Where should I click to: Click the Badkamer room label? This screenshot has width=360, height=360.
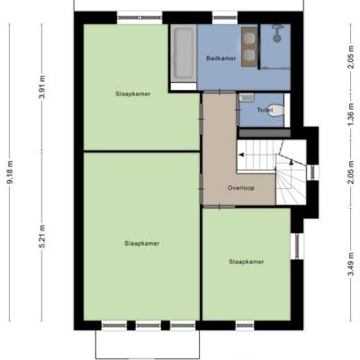click(221, 58)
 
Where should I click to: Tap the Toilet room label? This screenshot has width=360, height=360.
click(265, 111)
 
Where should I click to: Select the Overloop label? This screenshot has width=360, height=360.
click(241, 188)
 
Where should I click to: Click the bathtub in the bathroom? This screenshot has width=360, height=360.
click(184, 53)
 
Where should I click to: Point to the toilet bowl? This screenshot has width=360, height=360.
click(275, 110)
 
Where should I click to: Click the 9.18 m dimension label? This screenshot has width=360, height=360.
click(10, 172)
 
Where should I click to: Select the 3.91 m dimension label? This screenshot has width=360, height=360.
click(42, 87)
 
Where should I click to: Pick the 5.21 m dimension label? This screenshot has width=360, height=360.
click(42, 236)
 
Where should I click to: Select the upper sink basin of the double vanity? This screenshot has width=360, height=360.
click(249, 38)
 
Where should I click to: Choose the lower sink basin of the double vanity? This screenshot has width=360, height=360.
click(249, 55)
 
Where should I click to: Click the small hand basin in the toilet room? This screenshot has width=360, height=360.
click(247, 97)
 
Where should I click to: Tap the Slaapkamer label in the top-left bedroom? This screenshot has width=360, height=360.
click(133, 94)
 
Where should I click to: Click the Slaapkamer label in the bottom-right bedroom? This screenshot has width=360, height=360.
click(247, 262)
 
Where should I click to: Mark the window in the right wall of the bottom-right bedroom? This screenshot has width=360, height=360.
click(297, 247)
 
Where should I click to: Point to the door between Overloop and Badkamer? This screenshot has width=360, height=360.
click(220, 92)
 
